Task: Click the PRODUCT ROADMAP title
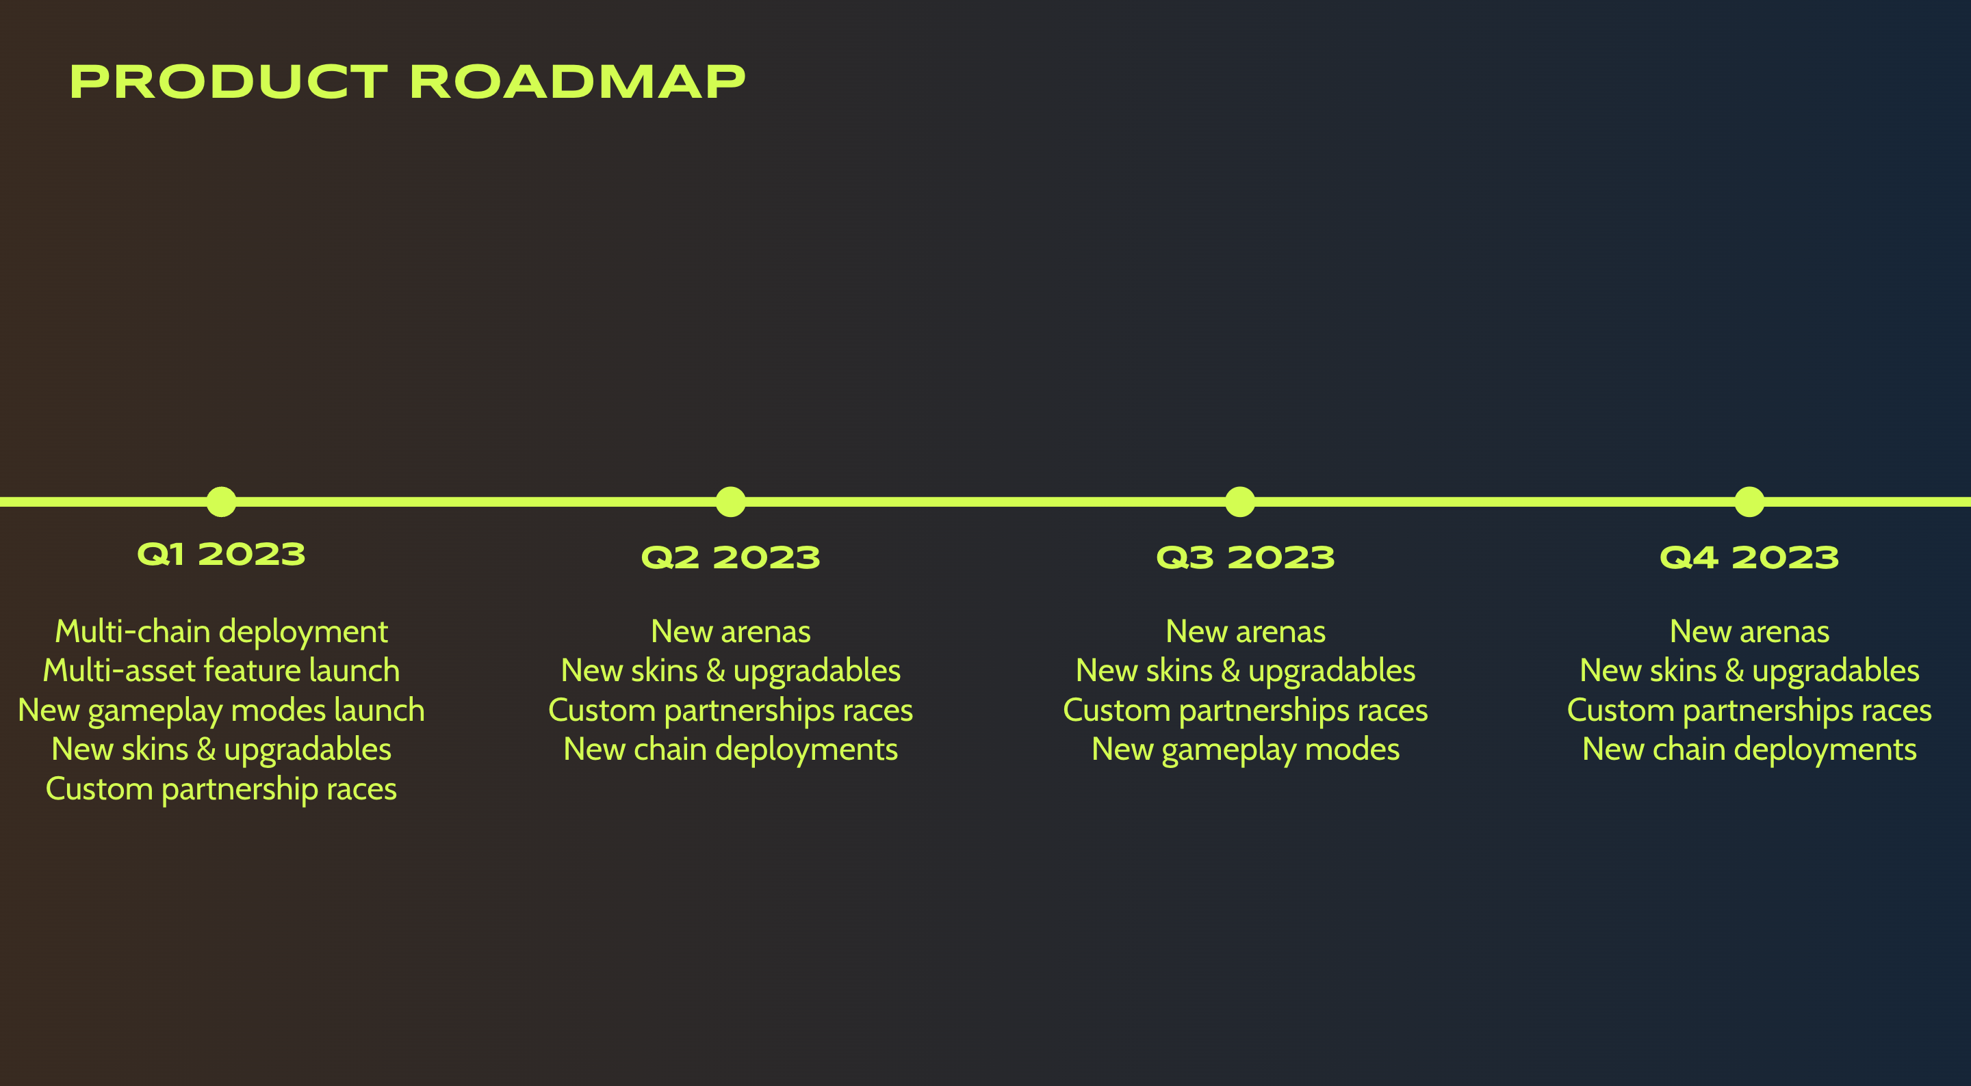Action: (407, 82)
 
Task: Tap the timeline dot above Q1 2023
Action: (221, 502)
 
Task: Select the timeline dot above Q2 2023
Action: (731, 502)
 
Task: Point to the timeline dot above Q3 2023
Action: (1240, 502)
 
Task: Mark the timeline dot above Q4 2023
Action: (1750, 502)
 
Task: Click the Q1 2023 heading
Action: (221, 555)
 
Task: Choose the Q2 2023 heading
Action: (731, 557)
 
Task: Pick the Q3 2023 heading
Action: (1246, 557)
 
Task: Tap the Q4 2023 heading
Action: (1750, 557)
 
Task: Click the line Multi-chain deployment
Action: (221, 633)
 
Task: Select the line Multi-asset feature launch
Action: (221, 671)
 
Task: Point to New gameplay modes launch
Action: (221, 711)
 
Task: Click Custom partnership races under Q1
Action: (221, 790)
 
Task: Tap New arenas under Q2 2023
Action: (731, 633)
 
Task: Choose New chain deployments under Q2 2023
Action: (731, 750)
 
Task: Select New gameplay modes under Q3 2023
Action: (1246, 750)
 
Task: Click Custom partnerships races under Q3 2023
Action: (1246, 711)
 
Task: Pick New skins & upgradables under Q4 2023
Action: (1750, 672)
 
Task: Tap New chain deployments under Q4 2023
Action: (1750, 750)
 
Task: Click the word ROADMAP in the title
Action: (578, 82)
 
